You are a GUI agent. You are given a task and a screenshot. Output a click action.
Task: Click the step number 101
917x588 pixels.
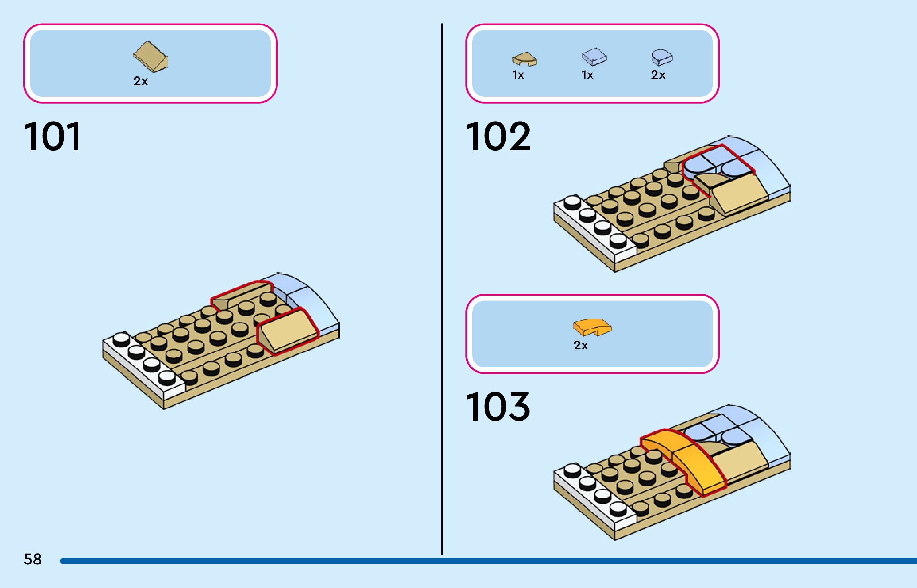tap(53, 137)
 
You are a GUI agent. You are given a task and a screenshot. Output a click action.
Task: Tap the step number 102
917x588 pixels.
tap(498, 137)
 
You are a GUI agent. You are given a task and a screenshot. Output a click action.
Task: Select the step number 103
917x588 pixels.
tap(498, 407)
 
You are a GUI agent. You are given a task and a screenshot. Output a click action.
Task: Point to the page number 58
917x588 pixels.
tap(33, 559)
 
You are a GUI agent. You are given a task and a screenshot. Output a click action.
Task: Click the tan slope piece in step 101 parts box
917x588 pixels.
tap(150, 57)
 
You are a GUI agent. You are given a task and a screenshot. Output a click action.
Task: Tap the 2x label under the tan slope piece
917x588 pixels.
tap(141, 81)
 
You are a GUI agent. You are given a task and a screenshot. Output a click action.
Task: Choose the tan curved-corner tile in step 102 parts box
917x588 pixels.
tap(524, 59)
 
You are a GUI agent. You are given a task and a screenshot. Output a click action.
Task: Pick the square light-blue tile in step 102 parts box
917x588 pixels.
tap(594, 57)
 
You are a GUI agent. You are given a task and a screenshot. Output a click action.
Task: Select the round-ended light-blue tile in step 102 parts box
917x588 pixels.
tap(662, 57)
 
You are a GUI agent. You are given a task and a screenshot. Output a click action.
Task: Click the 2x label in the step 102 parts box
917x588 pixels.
tap(658, 75)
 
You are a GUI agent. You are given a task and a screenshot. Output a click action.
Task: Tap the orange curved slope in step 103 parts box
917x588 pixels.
tap(592, 327)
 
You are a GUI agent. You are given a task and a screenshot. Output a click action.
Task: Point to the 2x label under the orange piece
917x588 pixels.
tap(581, 345)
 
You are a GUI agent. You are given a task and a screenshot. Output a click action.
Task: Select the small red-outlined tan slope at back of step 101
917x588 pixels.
tap(239, 294)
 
